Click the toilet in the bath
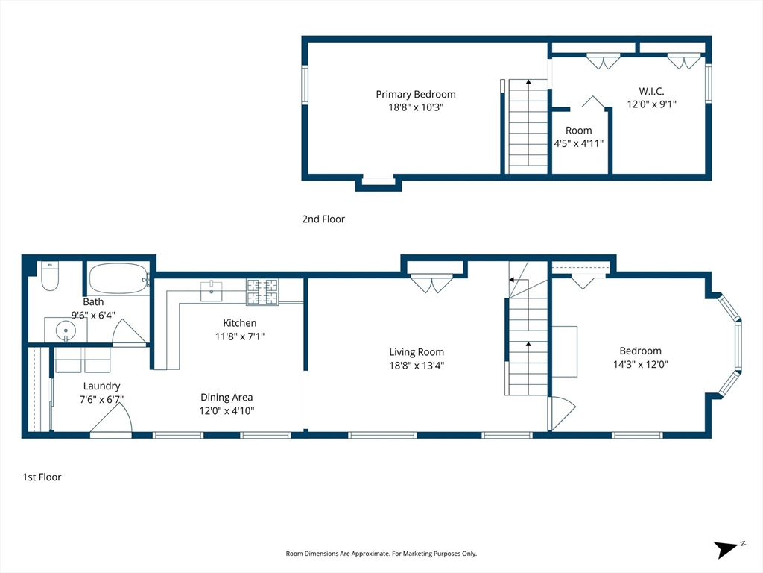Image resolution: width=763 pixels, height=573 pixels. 50,276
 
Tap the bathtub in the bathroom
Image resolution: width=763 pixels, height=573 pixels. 118,278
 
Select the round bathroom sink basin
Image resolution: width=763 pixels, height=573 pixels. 66,331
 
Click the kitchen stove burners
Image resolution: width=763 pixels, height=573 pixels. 262,292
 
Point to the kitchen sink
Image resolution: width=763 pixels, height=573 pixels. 211,292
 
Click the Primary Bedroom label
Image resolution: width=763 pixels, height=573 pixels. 416,95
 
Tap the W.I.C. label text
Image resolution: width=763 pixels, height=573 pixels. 651,91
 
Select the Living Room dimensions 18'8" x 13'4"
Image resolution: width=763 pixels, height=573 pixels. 417,366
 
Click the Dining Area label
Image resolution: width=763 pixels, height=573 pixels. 227,398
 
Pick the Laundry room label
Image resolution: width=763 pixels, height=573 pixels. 101,386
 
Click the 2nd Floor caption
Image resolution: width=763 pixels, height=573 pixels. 323,219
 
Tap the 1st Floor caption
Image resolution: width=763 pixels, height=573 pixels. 42,477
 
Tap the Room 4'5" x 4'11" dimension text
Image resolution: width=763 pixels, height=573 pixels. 578,144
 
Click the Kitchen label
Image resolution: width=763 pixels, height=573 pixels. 239,323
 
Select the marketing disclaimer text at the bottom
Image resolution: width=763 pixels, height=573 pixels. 381,554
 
